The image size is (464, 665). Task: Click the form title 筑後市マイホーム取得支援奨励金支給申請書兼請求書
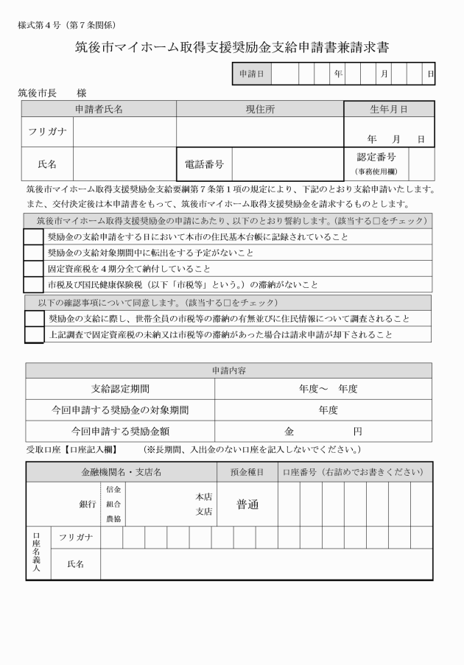point(232,48)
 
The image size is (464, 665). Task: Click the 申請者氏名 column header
point(99,109)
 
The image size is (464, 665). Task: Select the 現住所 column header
point(260,109)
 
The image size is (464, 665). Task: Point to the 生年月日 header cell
point(388,109)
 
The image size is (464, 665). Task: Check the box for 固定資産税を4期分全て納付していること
point(34,269)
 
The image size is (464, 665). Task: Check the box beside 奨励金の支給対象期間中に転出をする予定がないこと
point(34,253)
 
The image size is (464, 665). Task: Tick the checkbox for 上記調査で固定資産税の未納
point(34,334)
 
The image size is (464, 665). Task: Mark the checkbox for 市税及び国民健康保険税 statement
point(34,284)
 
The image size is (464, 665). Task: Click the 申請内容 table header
point(228,370)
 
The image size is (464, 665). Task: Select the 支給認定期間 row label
point(119,389)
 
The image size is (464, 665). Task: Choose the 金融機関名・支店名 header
point(121,471)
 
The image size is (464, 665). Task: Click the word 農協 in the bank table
point(113,518)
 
